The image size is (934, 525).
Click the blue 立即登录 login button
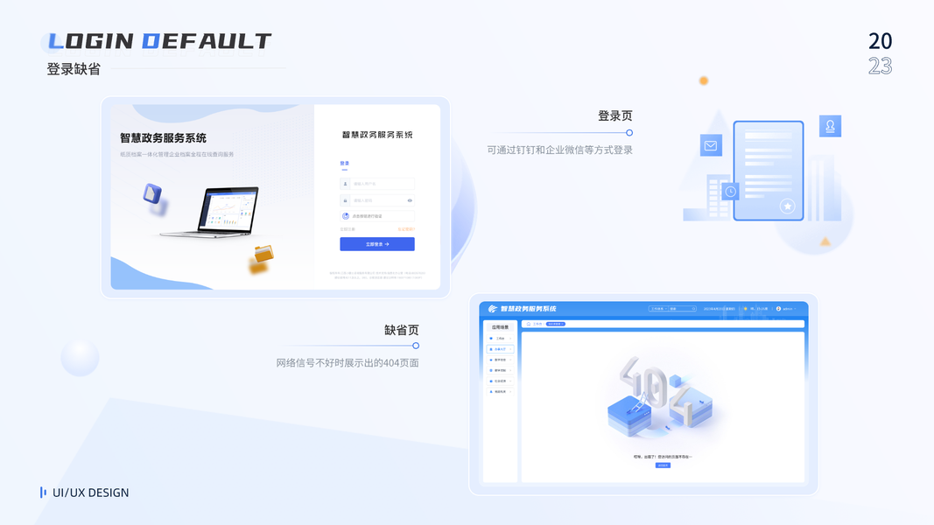point(377,244)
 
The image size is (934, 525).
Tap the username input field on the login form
point(377,184)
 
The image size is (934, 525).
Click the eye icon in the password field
point(410,200)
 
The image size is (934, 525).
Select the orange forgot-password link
point(406,229)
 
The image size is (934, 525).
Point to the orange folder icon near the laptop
point(262,255)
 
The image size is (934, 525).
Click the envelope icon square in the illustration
point(711,146)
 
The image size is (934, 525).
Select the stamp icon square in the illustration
point(830,126)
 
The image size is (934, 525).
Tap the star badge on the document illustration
point(788,206)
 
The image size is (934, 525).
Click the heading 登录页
point(614,115)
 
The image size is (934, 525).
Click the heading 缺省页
point(401,330)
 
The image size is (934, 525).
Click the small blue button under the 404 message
point(663,465)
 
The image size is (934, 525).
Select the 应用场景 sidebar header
point(499,327)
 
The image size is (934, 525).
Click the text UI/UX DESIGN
point(90,493)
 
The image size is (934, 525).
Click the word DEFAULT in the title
point(207,41)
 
